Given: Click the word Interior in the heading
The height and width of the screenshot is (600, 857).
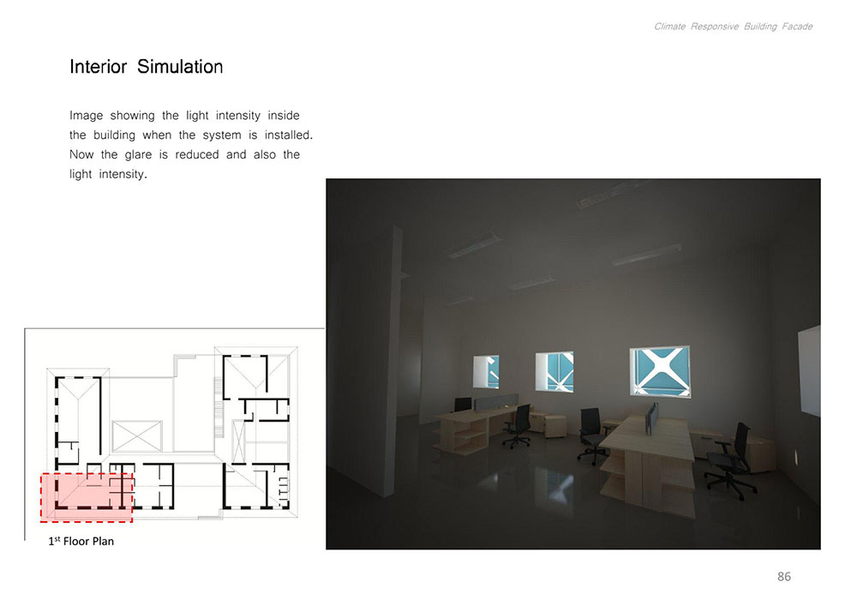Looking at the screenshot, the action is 99,67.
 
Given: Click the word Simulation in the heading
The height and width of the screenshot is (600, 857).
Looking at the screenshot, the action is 180,67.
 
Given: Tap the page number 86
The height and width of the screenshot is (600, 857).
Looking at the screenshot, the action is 784,577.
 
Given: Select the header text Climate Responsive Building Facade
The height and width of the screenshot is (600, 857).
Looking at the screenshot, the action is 733,27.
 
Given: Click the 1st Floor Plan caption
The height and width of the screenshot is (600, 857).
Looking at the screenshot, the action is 81,541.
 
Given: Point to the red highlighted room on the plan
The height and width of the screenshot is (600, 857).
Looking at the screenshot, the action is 87,497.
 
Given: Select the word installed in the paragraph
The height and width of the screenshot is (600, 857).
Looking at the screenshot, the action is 289,135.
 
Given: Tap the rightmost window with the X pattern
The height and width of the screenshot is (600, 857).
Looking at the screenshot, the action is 660,371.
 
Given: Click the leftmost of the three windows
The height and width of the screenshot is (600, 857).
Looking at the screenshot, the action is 486,372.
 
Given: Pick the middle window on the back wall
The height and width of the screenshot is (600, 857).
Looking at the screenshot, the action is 554,372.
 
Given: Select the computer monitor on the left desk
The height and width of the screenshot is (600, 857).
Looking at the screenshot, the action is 463,405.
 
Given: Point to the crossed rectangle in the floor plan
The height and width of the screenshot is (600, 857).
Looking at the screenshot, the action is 136,436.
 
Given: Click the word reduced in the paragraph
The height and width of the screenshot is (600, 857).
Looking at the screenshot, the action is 197,154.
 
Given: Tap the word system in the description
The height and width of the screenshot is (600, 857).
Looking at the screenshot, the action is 222,135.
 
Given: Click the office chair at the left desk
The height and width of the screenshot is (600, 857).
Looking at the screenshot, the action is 517,426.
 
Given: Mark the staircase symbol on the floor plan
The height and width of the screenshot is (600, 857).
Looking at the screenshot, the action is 219,407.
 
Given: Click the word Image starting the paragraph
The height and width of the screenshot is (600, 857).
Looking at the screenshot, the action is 86,116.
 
